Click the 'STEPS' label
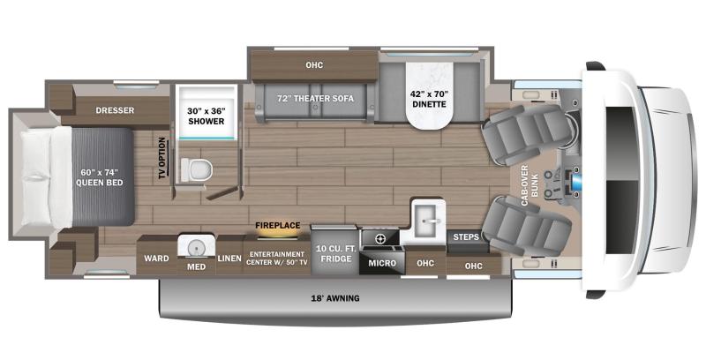point(465,237)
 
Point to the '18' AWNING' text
point(335,298)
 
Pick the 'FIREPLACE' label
point(277,225)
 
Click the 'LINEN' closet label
point(229,257)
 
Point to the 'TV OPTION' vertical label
point(161,157)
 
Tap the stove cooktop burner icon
point(380,238)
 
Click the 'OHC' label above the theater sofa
point(314,64)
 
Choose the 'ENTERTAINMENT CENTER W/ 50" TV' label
point(277,257)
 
